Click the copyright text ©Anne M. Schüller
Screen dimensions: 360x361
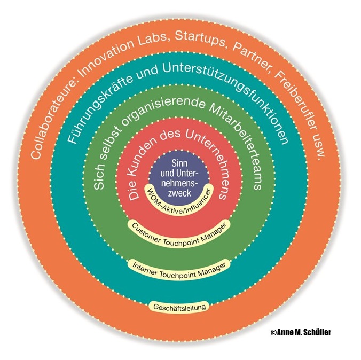pyautogui.click(x=301, y=332)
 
